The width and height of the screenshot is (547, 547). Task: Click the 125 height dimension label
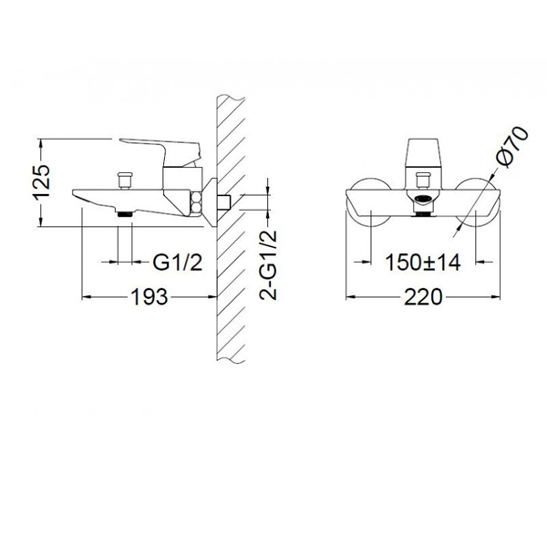[42, 182]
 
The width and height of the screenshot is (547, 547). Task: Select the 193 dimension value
[149, 297]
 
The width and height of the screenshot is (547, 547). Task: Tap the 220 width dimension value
[423, 297]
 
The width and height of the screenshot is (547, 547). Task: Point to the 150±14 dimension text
[423, 263]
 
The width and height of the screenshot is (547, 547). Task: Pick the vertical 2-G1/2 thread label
[268, 265]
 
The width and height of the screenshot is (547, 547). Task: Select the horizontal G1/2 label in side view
[178, 263]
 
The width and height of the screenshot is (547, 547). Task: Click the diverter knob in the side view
[125, 180]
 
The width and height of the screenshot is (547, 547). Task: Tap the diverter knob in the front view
[423, 181]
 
